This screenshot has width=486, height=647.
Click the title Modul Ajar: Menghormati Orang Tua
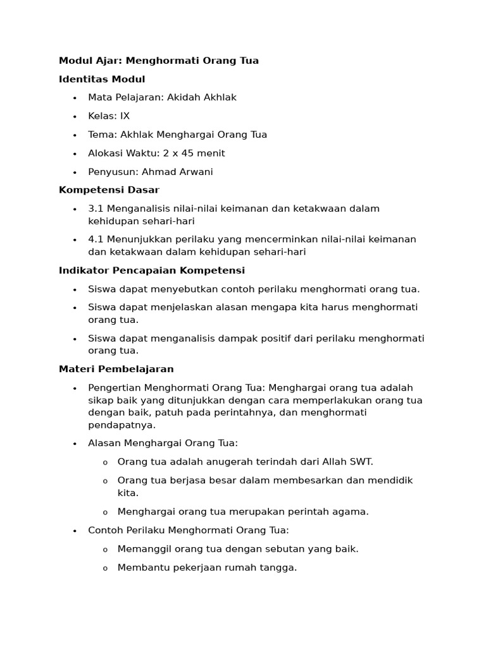tap(159, 61)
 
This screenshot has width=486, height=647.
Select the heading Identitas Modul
tap(102, 79)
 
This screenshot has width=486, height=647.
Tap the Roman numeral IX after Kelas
tap(125, 116)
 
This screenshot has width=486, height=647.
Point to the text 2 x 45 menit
tap(193, 154)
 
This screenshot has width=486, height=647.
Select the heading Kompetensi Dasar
tap(109, 190)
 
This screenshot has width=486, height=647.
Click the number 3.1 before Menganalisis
tap(96, 209)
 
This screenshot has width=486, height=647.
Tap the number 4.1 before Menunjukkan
tap(96, 239)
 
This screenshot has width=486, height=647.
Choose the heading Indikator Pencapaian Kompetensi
tap(152, 270)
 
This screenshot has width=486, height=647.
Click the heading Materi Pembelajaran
tap(116, 369)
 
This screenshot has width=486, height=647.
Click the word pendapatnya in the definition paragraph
tap(121, 425)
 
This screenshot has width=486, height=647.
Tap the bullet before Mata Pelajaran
tap(74, 98)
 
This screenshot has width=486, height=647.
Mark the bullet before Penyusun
tap(74, 172)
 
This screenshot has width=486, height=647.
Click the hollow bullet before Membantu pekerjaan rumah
tap(105, 569)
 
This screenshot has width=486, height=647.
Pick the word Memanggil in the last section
tap(140, 549)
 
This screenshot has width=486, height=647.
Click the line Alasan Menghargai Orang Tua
tap(163, 444)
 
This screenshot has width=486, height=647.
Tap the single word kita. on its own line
tap(128, 493)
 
